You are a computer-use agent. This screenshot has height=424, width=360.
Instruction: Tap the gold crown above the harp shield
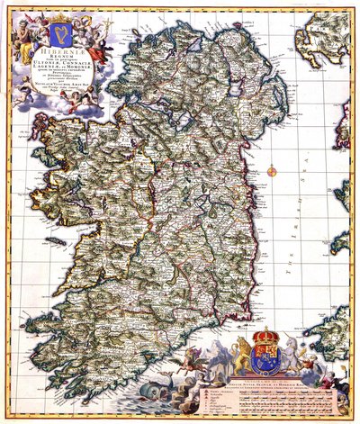pyautogui.click(x=60, y=17)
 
